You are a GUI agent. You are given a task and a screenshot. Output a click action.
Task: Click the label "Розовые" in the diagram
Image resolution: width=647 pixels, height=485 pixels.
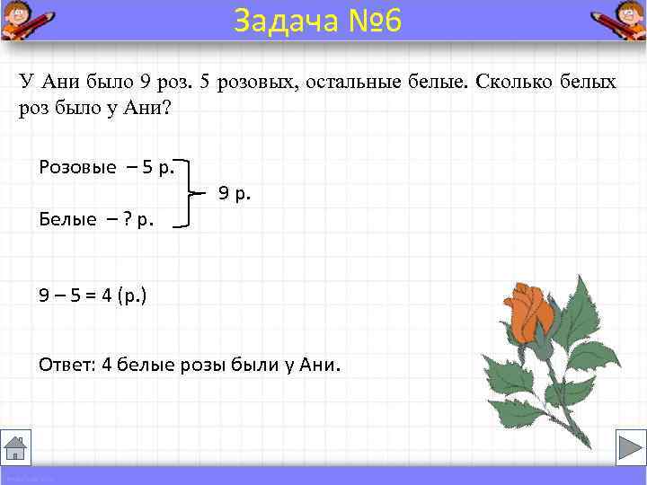(77, 167)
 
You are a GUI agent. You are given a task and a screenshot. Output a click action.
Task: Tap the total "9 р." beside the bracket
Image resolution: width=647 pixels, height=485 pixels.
(235, 192)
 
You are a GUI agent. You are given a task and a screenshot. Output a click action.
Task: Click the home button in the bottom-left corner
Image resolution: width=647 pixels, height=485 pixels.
(15, 446)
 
